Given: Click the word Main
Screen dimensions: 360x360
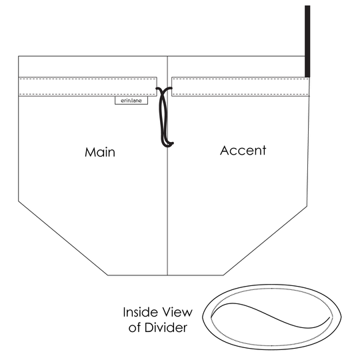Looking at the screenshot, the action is [x=100, y=152].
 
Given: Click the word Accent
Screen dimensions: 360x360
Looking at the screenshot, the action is [x=243, y=151].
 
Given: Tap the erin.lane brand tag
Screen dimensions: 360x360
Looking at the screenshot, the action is [x=131, y=101].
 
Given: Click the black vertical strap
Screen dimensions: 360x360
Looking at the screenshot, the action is [x=307, y=41].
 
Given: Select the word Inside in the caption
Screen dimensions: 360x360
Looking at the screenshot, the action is [x=140, y=312].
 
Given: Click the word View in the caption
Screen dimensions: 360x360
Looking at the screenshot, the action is [x=177, y=312].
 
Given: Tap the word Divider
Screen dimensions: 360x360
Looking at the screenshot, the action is [x=166, y=327].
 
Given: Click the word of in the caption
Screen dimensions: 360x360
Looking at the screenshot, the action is [x=135, y=328].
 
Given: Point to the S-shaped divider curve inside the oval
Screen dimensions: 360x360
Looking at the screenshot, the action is [x=271, y=315].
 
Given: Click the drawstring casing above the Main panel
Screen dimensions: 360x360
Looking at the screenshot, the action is [x=87, y=87].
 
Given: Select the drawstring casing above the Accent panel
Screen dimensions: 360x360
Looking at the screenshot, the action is [x=241, y=87].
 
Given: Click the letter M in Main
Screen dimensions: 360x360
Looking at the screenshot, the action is [x=90, y=152].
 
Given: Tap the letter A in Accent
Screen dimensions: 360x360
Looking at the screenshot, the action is [x=225, y=151].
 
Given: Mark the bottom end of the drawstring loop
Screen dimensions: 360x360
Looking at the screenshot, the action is [x=167, y=146].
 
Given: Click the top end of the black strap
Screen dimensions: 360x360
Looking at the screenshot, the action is [x=307, y=6].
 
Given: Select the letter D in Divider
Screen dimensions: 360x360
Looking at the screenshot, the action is [x=149, y=327].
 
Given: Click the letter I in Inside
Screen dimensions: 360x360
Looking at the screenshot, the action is [x=124, y=312].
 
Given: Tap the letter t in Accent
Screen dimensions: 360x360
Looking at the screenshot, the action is [x=264, y=151].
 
